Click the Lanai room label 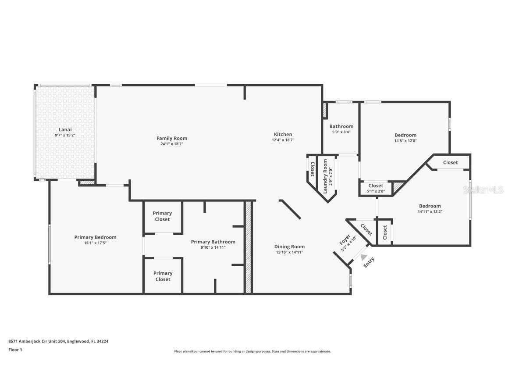click(x=65, y=129)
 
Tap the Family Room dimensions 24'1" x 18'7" click(x=172, y=144)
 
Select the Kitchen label click(x=283, y=134)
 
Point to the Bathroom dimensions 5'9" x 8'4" click(x=341, y=132)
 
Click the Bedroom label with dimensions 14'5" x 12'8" click(x=405, y=135)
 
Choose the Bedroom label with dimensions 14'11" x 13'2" click(x=430, y=206)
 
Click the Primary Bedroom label click(x=95, y=237)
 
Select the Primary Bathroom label click(x=213, y=242)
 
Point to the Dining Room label click(x=289, y=247)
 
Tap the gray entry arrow click(x=364, y=257)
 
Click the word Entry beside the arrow click(x=369, y=263)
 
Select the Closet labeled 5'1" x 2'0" click(x=376, y=186)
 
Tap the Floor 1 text click(x=15, y=350)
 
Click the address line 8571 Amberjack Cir click(x=58, y=341)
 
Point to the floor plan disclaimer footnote click(x=252, y=351)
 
